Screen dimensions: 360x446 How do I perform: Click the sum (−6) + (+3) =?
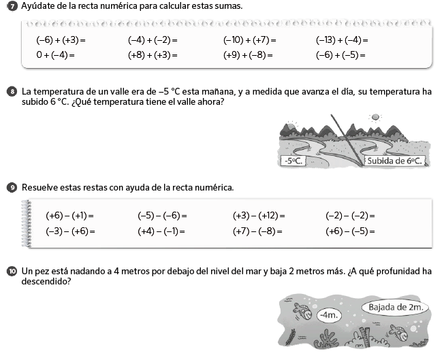[61, 40]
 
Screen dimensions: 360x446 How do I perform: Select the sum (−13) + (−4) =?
[342, 40]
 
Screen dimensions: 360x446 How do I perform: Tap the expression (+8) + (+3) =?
[153, 54]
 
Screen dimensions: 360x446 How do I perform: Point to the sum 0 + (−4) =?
[55, 54]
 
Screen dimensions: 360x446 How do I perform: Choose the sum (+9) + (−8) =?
[248, 54]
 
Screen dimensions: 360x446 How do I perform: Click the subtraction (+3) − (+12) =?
[259, 216]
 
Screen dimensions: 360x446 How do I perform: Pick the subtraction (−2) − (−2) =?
[350, 216]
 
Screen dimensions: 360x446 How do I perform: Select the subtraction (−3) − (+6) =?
[70, 231]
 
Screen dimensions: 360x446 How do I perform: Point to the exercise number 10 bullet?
[12, 272]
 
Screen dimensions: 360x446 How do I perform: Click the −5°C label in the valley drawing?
[291, 161]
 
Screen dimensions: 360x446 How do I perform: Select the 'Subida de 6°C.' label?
[396, 161]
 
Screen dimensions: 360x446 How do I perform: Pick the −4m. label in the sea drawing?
[328, 315]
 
